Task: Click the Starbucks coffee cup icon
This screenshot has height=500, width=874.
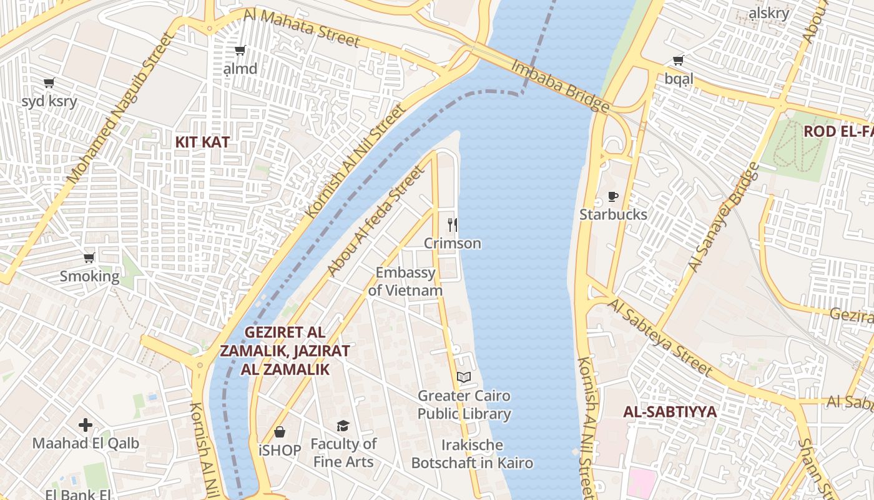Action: pyautogui.click(x=613, y=197)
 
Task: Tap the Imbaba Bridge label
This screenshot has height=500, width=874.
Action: pyautogui.click(x=560, y=86)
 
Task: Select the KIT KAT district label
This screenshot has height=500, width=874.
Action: pyautogui.click(x=202, y=142)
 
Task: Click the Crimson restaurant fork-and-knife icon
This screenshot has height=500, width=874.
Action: pyautogui.click(x=453, y=224)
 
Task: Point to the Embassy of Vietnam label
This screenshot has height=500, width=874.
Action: pyautogui.click(x=405, y=282)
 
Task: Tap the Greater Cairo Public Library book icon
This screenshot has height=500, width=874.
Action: pyautogui.click(x=463, y=377)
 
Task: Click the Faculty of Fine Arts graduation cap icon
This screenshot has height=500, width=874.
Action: pyautogui.click(x=343, y=426)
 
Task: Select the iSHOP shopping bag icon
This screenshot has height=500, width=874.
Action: pyautogui.click(x=280, y=432)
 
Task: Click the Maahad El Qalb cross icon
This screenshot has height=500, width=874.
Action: pyautogui.click(x=86, y=426)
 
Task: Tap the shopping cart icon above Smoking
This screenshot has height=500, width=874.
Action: pyautogui.click(x=89, y=257)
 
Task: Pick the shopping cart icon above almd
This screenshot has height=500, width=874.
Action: pyautogui.click(x=240, y=51)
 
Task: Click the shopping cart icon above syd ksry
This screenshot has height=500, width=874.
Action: pyautogui.click(x=49, y=82)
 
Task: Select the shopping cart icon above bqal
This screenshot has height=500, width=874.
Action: pyautogui.click(x=679, y=61)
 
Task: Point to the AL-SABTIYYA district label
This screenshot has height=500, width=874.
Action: pyautogui.click(x=670, y=412)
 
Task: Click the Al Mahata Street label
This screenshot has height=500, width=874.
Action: pyautogui.click(x=302, y=28)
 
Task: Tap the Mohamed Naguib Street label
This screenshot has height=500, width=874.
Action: pyautogui.click(x=119, y=107)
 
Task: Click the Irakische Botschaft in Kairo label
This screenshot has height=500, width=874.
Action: pyautogui.click(x=472, y=454)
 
